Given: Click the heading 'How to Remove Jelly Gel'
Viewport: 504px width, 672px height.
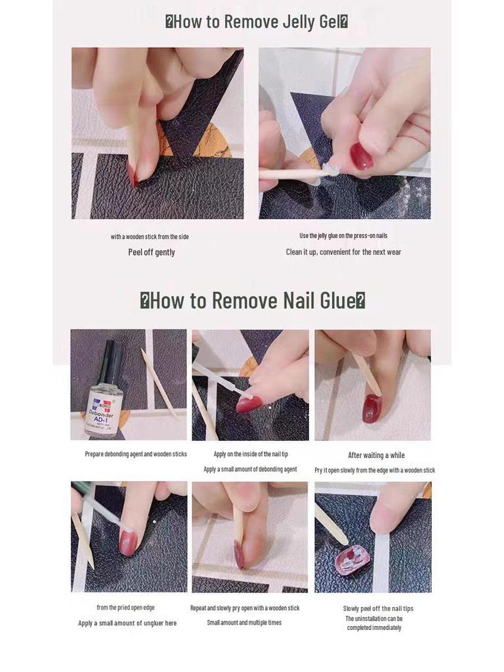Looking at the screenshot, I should click(256, 22).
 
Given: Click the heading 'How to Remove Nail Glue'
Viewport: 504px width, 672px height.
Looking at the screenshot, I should click(253, 301).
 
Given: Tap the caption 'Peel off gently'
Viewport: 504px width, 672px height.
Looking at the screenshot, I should click(152, 252).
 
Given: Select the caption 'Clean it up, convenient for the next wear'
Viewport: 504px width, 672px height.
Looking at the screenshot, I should click(343, 252).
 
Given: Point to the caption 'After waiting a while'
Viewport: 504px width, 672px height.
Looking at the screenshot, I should click(376, 455).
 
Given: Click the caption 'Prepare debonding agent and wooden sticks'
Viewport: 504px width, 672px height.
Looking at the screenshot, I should click(136, 454).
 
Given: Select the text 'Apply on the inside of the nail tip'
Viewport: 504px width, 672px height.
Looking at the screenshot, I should click(251, 454).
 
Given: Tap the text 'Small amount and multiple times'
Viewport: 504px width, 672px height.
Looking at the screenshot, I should click(244, 622).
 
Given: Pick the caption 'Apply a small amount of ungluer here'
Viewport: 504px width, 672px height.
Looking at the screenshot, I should click(127, 623).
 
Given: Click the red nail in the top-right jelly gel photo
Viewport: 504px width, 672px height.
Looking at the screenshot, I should click(361, 156).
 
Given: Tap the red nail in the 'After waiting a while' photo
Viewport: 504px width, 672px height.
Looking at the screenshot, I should click(371, 408).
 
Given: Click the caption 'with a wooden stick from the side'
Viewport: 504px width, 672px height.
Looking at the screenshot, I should click(150, 236).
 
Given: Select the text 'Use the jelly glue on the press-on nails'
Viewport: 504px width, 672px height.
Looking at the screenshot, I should click(343, 236).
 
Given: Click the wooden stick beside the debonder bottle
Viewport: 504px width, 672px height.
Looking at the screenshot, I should click(159, 384).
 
